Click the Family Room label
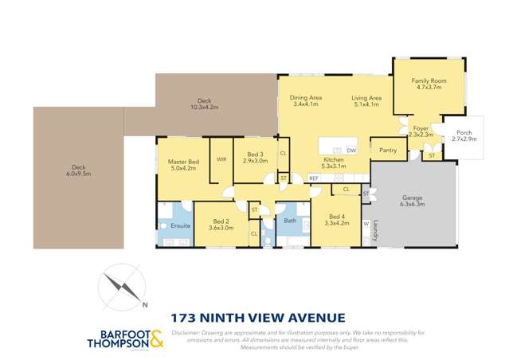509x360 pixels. click(429, 81)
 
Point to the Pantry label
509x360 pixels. click(389, 149)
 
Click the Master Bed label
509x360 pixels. click(182, 162)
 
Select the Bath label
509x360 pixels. click(290, 221)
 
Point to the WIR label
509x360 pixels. click(221, 159)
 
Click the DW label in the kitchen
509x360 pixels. click(351, 150)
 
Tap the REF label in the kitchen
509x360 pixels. click(314, 178)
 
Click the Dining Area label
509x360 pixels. click(305, 98)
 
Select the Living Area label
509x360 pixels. click(367, 98)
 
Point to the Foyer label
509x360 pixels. click(421, 127)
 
